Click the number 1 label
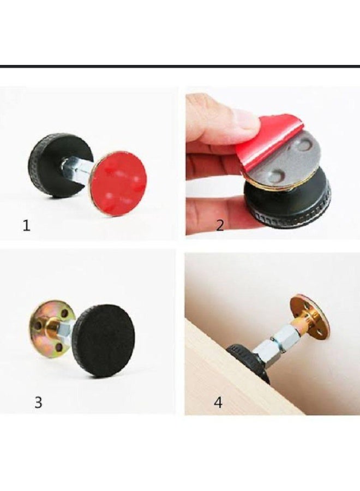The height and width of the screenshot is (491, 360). pos(26,225)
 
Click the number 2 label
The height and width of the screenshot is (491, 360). pos(220,225)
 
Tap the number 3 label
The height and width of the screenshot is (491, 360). pos(38,402)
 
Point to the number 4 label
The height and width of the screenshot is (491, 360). pos(218,403)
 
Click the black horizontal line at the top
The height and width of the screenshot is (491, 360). pos(180,67)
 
